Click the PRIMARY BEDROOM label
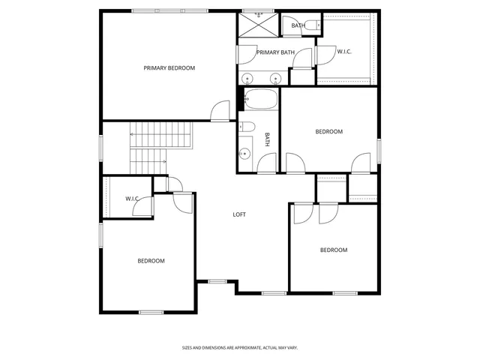pyautogui.click(x=169, y=68)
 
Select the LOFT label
pyautogui.click(x=238, y=214)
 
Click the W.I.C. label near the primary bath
pyautogui.click(x=344, y=52)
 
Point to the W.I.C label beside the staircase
pyautogui.click(x=132, y=199)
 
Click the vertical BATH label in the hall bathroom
pyautogui.click(x=267, y=139)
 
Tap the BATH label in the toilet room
pyautogui.click(x=298, y=25)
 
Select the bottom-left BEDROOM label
pyautogui.click(x=151, y=261)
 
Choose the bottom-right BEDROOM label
pyautogui.click(x=334, y=250)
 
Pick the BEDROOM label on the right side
pyautogui.click(x=328, y=132)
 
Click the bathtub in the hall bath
pyautogui.click(x=259, y=99)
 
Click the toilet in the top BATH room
pyautogui.click(x=316, y=25)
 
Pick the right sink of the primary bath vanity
pyautogui.click(x=274, y=78)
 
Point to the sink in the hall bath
pyautogui.click(x=244, y=154)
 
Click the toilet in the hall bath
pyautogui.click(x=248, y=127)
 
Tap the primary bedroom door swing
pyautogui.click(x=220, y=111)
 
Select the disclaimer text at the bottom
pyautogui.click(x=240, y=348)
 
